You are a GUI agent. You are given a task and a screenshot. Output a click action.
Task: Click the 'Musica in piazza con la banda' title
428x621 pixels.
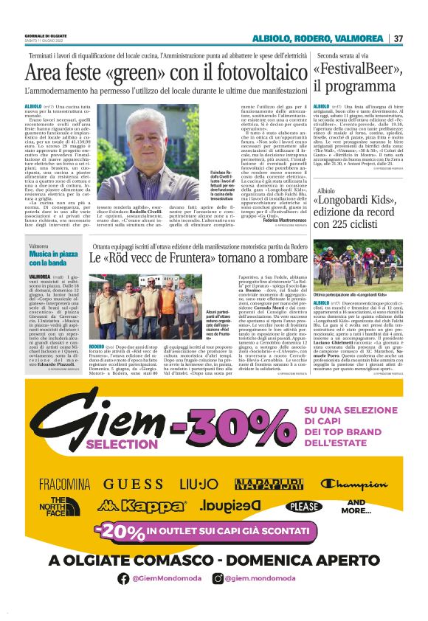pyautogui.click(x=50, y=257)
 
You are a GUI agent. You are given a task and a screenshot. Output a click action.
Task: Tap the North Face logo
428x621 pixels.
pyautogui.click(x=61, y=506)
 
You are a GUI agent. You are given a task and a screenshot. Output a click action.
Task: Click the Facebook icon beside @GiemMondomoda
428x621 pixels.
pyautogui.click(x=123, y=579)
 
